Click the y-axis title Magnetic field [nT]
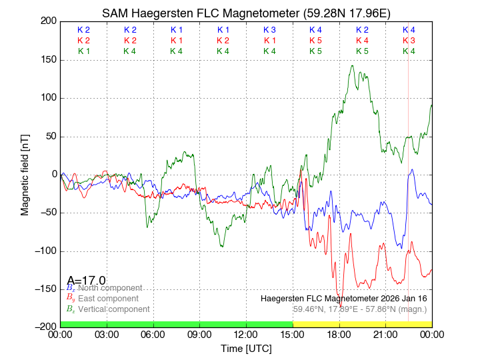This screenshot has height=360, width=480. [x=25, y=173]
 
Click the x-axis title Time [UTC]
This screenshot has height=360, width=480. [x=246, y=349]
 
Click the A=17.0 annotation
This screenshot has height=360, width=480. [x=86, y=281]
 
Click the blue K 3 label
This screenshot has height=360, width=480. [x=269, y=30]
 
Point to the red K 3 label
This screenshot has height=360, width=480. [x=409, y=41]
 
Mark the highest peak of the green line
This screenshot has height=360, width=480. [x=351, y=65]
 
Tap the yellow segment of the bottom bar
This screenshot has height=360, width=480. [x=362, y=324]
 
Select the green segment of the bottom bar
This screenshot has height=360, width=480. [x=176, y=324]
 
